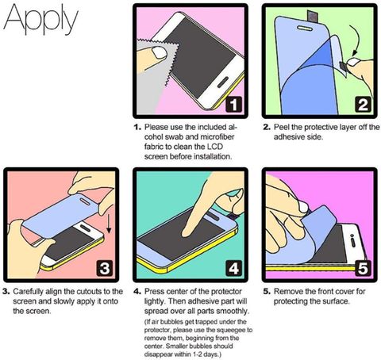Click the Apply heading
coord(41,19)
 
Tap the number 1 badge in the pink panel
coord(233,104)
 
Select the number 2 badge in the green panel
coord(363,104)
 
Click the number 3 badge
coord(105,268)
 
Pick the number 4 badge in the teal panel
coord(233,268)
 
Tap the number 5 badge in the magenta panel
coord(363,268)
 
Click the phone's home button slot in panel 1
coord(223,82)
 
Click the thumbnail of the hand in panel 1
coord(160,53)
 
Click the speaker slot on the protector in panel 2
coord(305,28)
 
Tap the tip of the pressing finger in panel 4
coord(185,234)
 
